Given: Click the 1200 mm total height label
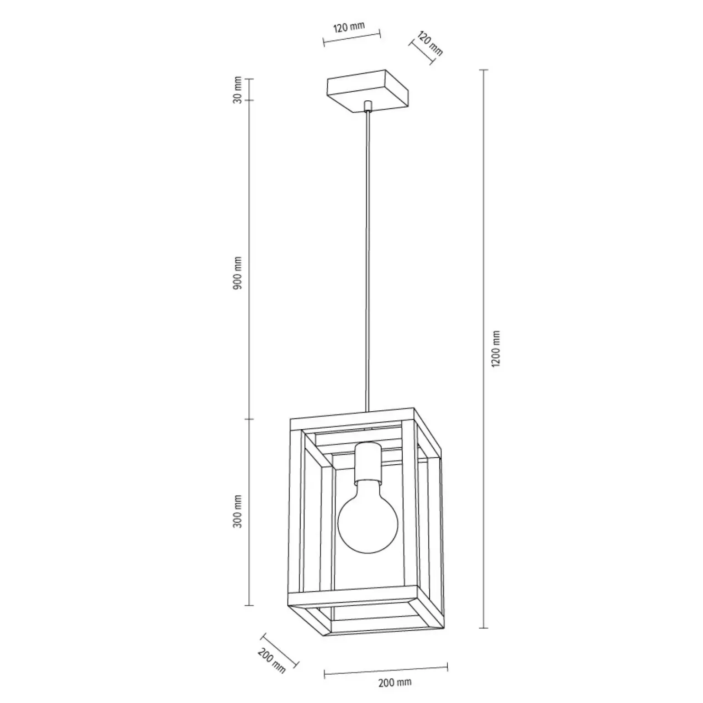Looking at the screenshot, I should pos(497,349).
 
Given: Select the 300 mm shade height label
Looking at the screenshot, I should pos(237,511).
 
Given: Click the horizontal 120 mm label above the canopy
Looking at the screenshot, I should pos(349,27).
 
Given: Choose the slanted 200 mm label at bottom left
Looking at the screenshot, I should pos(272,661).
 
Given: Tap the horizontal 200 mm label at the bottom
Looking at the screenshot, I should pos(395,683).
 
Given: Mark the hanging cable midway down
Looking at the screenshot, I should pos(367,260).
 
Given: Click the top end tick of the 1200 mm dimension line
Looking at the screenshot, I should pos(483,70).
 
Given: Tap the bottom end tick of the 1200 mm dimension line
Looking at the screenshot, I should pos(483,628).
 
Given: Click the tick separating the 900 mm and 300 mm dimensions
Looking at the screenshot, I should pos(249,419).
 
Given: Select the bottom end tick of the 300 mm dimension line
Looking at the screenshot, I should pos(249,605).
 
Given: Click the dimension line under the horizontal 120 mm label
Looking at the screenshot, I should pos(351,37).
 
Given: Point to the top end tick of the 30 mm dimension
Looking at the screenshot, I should pos(249,79).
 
